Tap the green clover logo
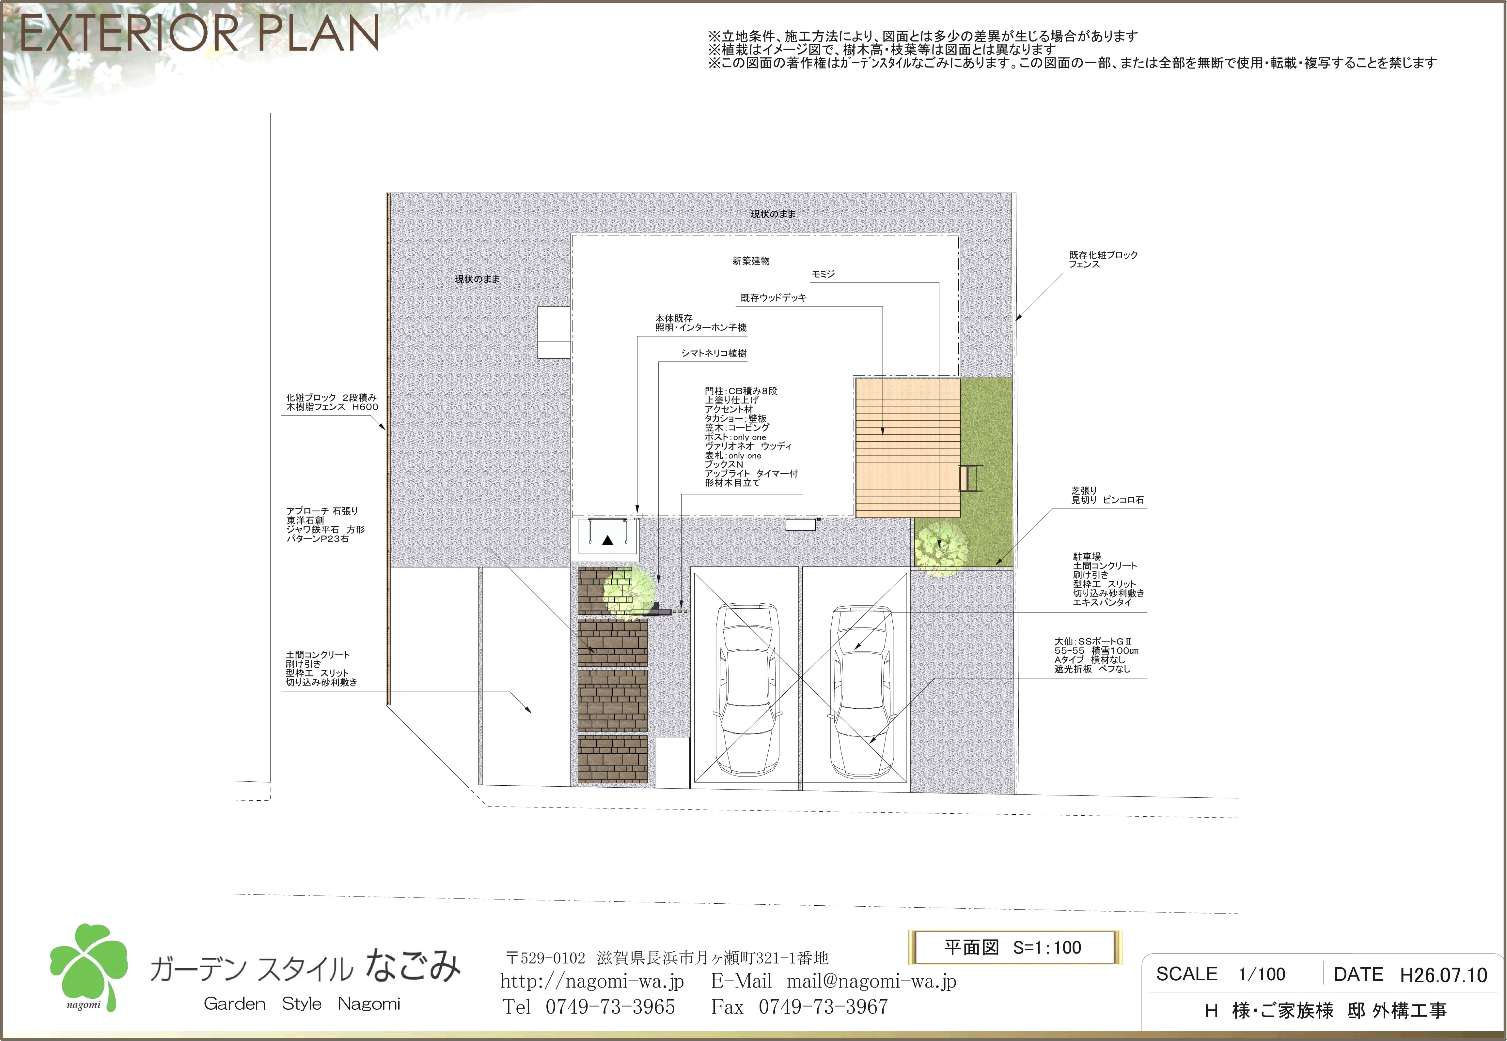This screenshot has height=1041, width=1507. (88, 965)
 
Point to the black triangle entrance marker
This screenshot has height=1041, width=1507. (608, 540)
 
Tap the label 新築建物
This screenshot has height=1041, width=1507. (751, 261)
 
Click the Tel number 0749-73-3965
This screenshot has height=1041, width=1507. (610, 1006)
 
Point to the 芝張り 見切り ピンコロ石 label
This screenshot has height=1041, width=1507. (1107, 495)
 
